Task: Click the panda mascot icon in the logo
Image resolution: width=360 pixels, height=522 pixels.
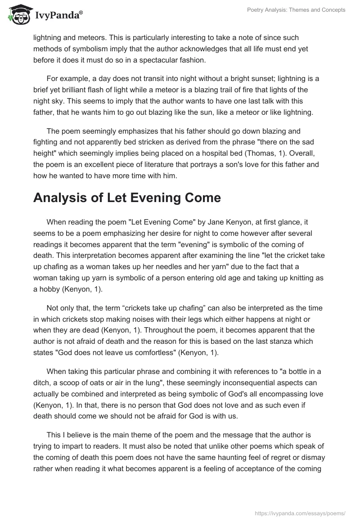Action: (16, 15)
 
